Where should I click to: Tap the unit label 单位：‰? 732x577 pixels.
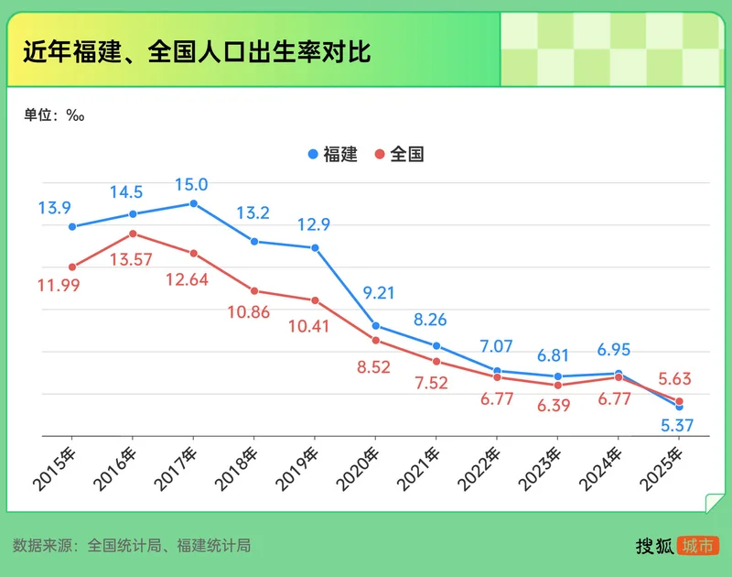[54, 115]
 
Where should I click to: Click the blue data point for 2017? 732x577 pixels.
[193, 203]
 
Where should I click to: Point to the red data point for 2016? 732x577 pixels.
[133, 234]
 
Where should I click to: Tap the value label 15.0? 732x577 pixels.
[190, 185]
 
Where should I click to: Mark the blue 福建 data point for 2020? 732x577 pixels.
[375, 326]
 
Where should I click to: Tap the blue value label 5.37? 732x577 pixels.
[678, 425]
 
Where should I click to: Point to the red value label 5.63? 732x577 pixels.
[678, 377]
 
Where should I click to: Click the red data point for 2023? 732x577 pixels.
[558, 385]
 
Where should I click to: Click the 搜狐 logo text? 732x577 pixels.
[654, 546]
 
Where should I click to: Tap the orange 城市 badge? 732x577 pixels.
[697, 546]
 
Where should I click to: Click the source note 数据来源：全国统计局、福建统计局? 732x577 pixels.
[133, 546]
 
